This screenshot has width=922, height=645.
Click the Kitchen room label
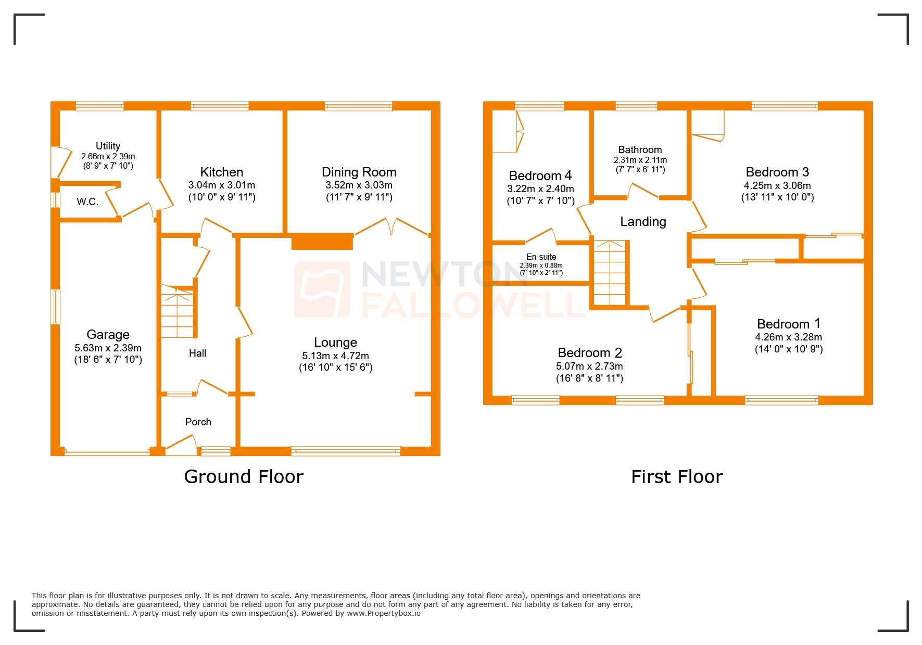(221, 172)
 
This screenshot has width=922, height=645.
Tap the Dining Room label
(359, 172)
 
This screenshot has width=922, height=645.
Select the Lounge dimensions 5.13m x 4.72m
(335, 356)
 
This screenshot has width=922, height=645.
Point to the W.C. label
(87, 202)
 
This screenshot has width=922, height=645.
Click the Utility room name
(108, 146)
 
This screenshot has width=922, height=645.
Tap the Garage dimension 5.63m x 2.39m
(108, 348)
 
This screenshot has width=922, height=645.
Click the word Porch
(198, 422)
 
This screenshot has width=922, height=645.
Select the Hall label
(197, 353)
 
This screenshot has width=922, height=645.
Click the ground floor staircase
(178, 312)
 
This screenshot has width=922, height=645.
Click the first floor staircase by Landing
(610, 273)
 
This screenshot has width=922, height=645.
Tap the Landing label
(643, 222)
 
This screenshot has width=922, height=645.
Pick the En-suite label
(541, 257)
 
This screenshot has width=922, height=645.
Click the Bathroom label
(640, 150)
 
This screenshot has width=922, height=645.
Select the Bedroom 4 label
(540, 176)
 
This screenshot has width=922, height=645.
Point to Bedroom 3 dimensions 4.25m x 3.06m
(777, 186)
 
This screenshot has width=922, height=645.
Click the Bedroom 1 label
(788, 324)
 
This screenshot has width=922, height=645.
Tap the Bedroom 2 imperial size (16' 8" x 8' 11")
(589, 378)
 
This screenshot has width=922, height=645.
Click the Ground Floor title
(244, 477)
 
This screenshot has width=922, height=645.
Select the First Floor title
(677, 477)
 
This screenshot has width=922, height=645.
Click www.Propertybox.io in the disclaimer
(383, 613)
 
